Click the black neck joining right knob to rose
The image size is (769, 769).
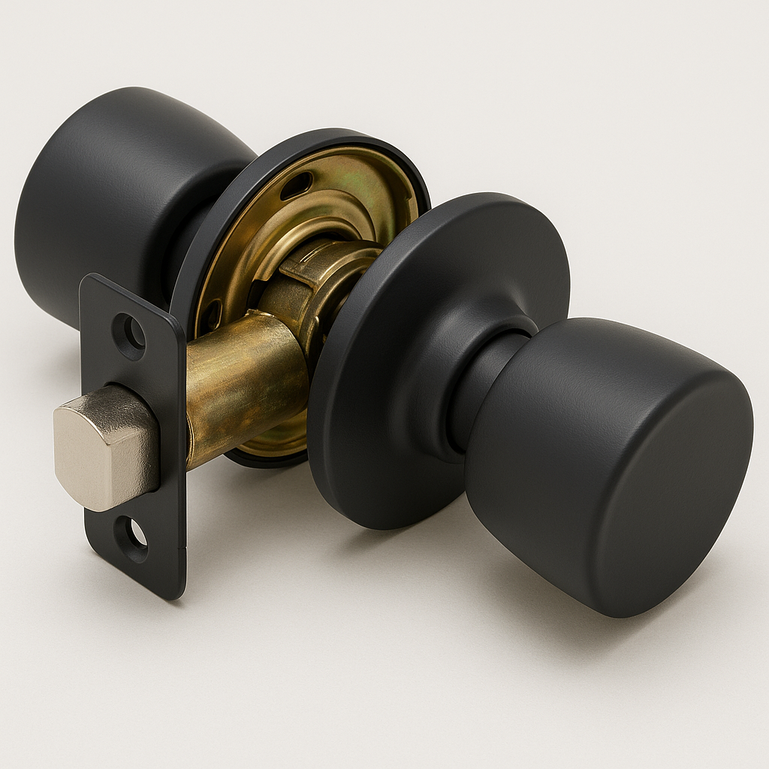(x=481, y=383)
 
